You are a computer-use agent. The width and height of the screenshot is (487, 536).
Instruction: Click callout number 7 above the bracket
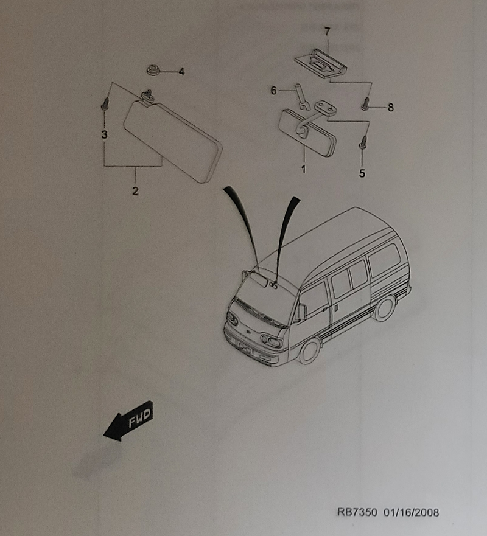tap(328, 32)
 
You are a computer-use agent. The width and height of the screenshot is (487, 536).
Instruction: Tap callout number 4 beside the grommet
tap(181, 72)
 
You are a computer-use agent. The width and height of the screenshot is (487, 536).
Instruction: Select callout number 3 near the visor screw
tap(104, 134)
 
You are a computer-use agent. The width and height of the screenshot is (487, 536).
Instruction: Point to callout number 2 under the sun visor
tap(135, 191)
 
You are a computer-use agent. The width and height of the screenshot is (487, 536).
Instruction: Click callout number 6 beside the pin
tap(273, 91)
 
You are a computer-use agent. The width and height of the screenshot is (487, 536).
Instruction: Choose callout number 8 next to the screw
tap(391, 108)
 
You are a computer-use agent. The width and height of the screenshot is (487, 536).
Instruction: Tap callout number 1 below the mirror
tap(303, 169)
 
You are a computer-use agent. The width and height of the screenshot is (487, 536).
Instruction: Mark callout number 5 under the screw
tap(362, 173)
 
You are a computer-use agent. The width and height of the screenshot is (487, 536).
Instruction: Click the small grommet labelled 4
tap(153, 70)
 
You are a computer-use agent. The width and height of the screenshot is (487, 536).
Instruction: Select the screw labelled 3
tap(105, 103)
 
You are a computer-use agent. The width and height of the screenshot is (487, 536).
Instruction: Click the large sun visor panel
tap(173, 142)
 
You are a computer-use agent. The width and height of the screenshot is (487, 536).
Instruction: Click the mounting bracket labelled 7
tap(321, 63)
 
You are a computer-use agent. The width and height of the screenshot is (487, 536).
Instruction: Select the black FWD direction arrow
tap(128, 421)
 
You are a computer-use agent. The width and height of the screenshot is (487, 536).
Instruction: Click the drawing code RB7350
tap(357, 512)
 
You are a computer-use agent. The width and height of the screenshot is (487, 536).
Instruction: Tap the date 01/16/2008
tap(411, 512)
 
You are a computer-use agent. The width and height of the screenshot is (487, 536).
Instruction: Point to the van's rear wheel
tap(385, 308)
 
